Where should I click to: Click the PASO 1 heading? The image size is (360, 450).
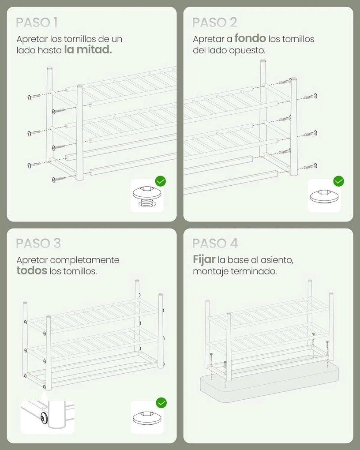click(x=37, y=22)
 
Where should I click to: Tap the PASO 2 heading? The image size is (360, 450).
click(x=215, y=22)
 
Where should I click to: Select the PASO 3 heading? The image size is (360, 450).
click(x=38, y=244)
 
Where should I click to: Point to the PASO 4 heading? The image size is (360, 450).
click(x=215, y=244)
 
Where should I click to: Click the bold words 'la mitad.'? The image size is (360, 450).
click(x=88, y=50)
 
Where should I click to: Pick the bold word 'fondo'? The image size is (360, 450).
click(x=250, y=38)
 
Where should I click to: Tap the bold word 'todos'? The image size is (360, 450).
click(x=32, y=270)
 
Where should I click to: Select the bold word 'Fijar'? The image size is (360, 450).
click(x=204, y=259)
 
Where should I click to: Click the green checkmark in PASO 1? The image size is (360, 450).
click(x=161, y=181)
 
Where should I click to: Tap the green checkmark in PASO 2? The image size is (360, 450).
click(x=339, y=181)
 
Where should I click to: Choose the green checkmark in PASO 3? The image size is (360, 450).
click(x=161, y=403)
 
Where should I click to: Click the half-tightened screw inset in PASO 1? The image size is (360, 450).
click(x=147, y=196)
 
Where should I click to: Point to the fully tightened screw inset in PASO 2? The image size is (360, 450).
click(x=324, y=196)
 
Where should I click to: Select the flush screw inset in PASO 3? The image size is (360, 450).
click(x=147, y=417)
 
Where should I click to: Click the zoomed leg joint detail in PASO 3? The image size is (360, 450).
click(x=47, y=417)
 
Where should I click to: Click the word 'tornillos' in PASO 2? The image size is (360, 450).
click(x=291, y=39)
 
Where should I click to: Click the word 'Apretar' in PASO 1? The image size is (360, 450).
click(x=32, y=39)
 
